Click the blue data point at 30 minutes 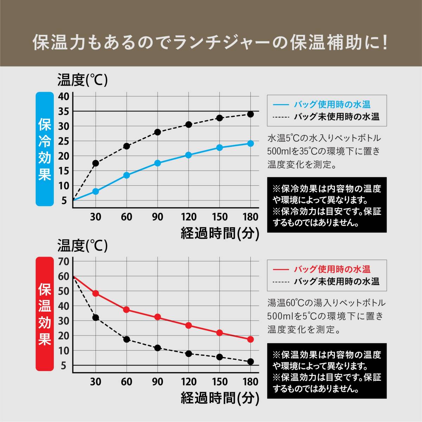(x=95, y=191)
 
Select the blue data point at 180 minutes (x=250, y=143)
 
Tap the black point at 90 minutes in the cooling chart (x=158, y=132)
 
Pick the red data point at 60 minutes (x=126, y=310)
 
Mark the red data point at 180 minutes (x=250, y=339)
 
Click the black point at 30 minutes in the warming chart (x=95, y=318)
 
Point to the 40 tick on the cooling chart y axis (x=64, y=96)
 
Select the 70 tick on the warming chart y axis (x=64, y=262)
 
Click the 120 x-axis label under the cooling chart (x=188, y=217)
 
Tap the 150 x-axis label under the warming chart (x=219, y=382)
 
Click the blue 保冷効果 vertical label (x=45, y=149)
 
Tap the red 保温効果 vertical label (x=45, y=314)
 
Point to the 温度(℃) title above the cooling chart (x=83, y=80)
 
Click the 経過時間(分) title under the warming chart (x=220, y=398)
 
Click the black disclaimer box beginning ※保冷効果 (x=327, y=205)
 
